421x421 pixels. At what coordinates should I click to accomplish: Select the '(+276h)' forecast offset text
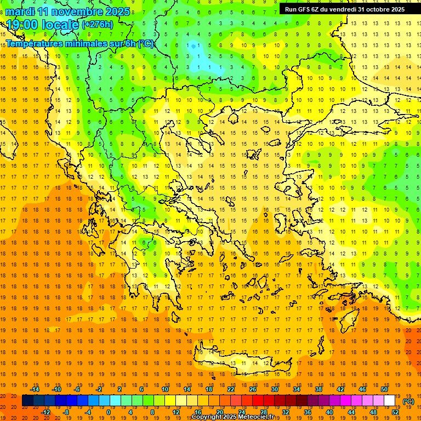(98, 25)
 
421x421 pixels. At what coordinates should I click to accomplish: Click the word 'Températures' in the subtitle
(37, 43)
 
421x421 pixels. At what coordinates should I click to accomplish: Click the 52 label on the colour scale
(395, 412)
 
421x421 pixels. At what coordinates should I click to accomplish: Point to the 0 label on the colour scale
(109, 412)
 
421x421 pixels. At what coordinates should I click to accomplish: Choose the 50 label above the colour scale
(384, 389)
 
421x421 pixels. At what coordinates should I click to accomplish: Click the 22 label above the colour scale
(231, 389)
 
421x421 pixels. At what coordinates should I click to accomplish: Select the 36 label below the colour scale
(308, 412)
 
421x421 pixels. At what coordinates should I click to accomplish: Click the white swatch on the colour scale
(389, 401)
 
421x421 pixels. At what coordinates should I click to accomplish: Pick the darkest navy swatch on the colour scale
(27, 401)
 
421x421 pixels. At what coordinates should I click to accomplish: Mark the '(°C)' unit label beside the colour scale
(408, 401)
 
